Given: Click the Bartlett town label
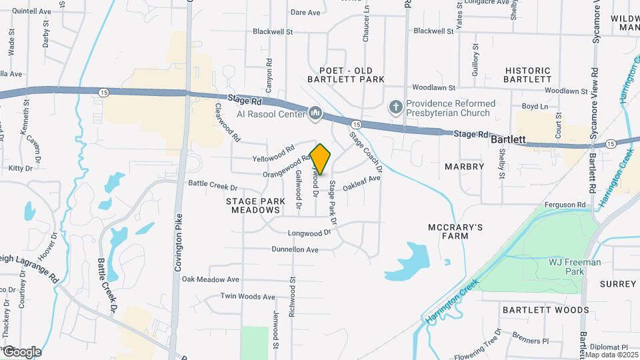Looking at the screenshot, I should click(x=509, y=141).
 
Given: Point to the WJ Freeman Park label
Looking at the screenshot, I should click(x=575, y=267).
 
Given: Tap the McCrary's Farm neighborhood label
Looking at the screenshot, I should click(x=455, y=231).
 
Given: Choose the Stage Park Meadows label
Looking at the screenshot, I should click(x=252, y=205).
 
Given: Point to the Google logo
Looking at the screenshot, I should click(x=21, y=352).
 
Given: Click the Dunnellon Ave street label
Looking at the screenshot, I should click(x=295, y=249).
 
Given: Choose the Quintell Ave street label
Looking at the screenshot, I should click(x=31, y=11).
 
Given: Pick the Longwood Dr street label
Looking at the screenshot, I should click(x=309, y=233).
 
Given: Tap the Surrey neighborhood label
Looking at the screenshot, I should click(x=618, y=283).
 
